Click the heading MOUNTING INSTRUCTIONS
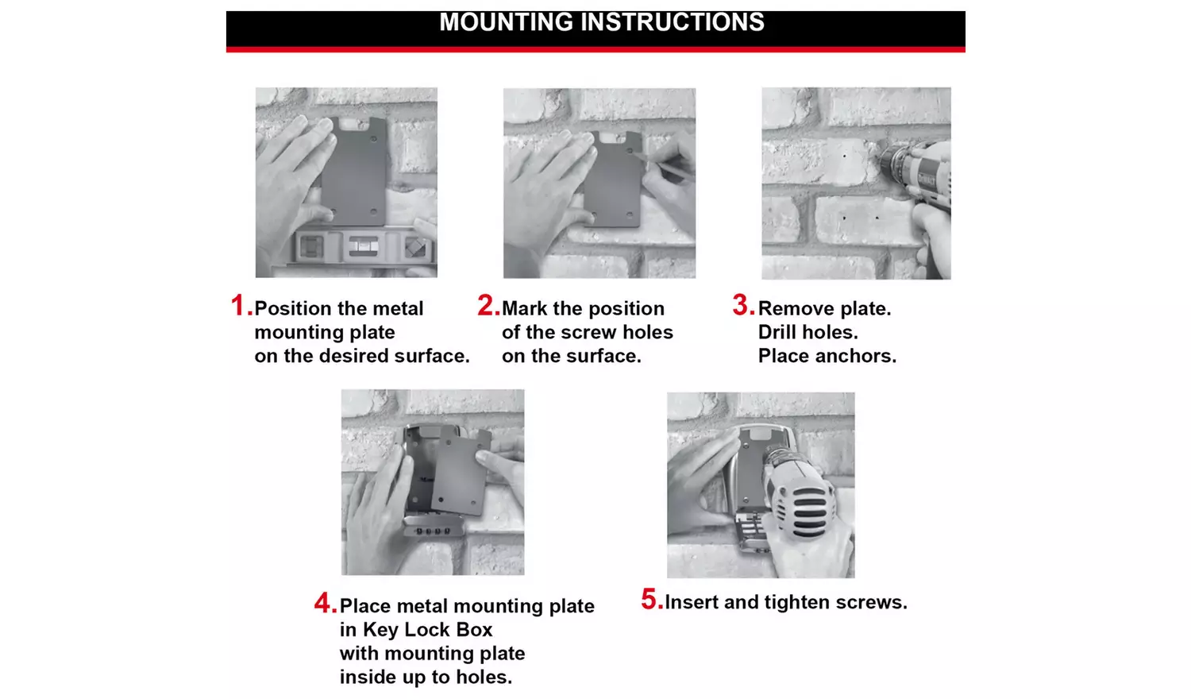[x=601, y=22]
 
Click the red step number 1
[x=240, y=306]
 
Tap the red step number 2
[x=487, y=306]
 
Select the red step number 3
[x=742, y=305]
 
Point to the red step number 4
[x=325, y=604]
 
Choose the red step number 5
[x=651, y=600]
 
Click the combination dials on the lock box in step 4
[x=430, y=529]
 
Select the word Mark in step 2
[x=525, y=308]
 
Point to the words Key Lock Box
[x=427, y=630]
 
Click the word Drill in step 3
[x=777, y=332]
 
